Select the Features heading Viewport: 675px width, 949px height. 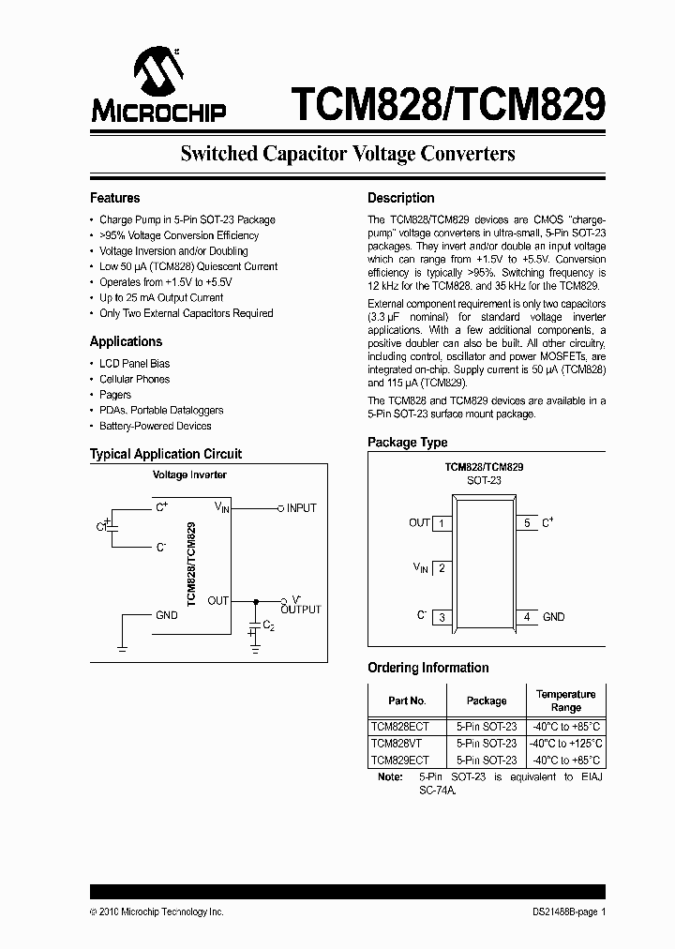point(114,199)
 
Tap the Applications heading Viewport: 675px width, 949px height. point(126,342)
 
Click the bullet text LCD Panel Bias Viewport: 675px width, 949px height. point(135,364)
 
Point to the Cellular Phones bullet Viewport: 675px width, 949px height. point(135,380)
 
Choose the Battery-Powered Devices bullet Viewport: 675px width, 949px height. point(156,427)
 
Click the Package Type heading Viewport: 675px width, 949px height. point(407,443)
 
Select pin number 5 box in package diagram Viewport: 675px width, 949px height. point(527,523)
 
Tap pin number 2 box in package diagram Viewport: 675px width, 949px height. point(441,567)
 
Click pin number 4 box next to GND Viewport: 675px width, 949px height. point(527,617)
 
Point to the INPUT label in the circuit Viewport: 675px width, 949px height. point(302,508)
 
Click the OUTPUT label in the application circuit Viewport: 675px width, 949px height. point(301,610)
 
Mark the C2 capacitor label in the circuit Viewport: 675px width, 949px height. point(268,625)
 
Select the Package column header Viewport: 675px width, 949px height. point(487,700)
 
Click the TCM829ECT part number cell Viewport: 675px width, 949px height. point(401,761)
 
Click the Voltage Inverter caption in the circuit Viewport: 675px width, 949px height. point(189,475)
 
